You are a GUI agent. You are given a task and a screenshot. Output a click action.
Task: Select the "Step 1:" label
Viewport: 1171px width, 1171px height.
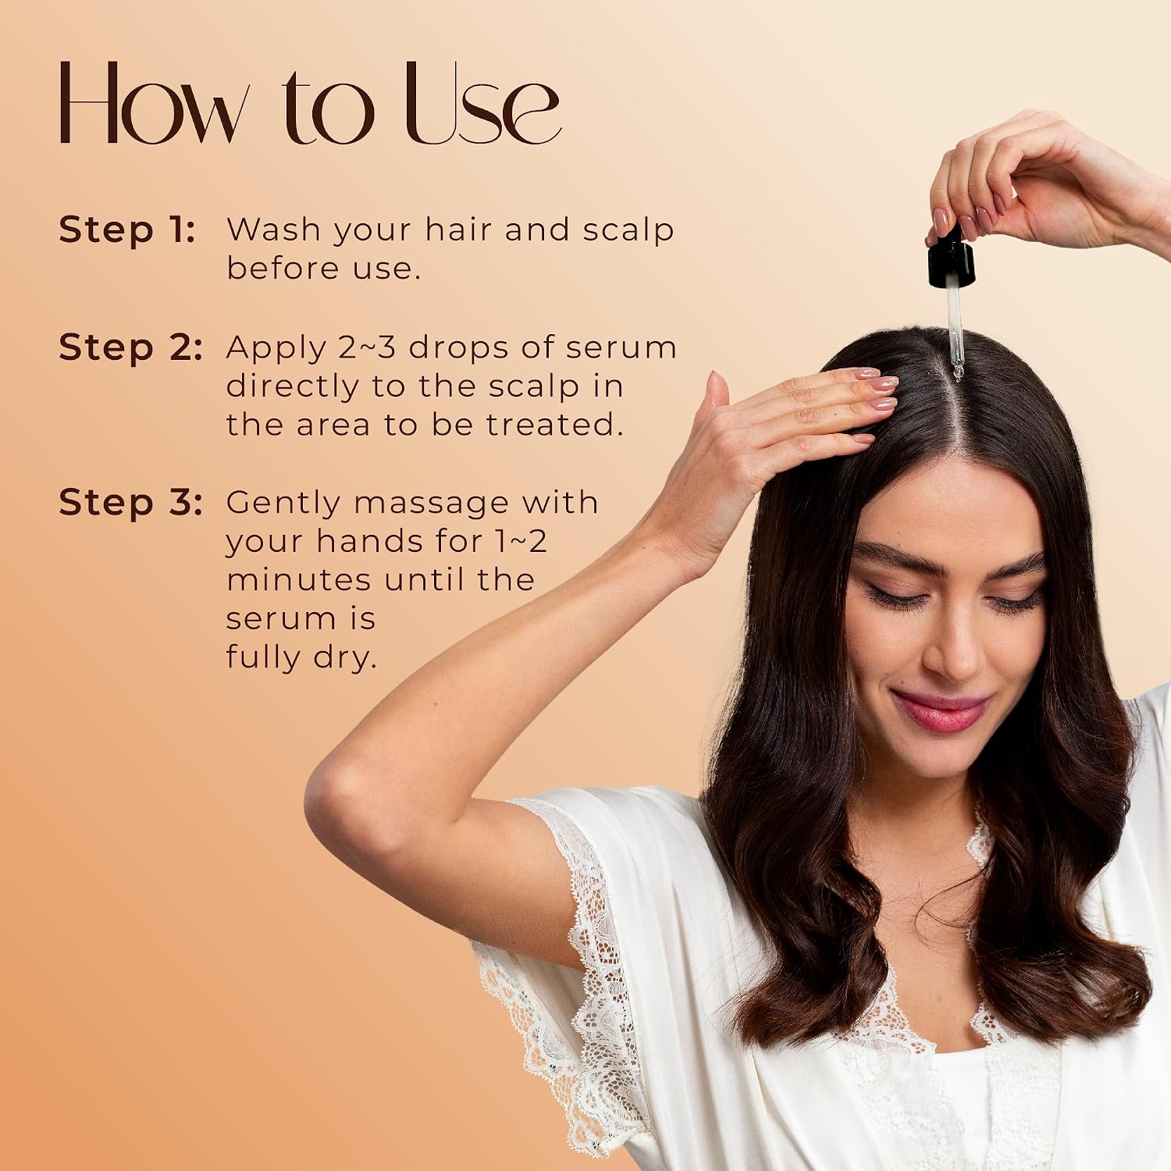coord(126,230)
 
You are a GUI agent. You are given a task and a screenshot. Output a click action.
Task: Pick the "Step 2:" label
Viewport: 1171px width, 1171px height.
coord(130,347)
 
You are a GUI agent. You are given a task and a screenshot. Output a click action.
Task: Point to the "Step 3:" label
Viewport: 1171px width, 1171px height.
coord(130,503)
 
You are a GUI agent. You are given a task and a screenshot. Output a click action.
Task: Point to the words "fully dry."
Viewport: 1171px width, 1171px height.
coord(301,657)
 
